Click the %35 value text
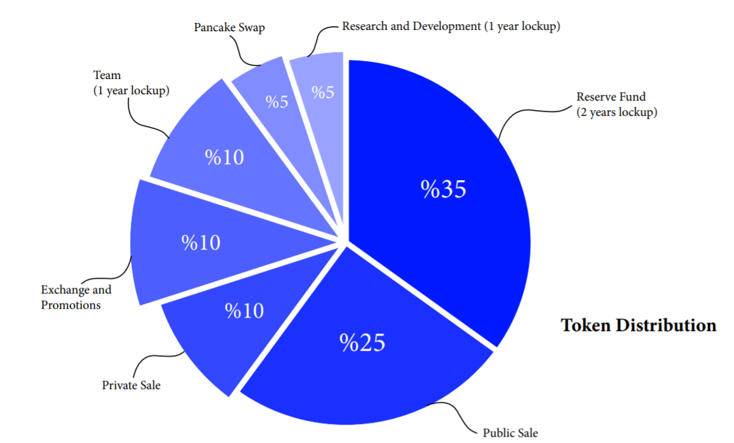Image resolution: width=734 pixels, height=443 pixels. click(x=444, y=189)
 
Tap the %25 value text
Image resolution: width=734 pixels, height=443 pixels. click(x=362, y=343)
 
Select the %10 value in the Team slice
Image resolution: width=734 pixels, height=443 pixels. click(x=224, y=157)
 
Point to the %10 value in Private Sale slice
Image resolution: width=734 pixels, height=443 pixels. click(x=244, y=311)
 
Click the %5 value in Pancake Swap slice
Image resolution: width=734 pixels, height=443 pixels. click(x=277, y=102)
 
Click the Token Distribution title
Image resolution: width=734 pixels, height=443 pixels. click(x=638, y=325)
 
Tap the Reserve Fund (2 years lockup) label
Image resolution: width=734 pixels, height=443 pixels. click(x=616, y=105)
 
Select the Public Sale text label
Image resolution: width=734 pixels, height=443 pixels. click(x=510, y=433)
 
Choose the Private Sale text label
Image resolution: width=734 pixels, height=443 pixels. click(x=132, y=385)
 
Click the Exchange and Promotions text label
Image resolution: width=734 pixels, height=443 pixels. click(x=76, y=297)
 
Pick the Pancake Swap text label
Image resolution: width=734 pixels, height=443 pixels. click(x=229, y=28)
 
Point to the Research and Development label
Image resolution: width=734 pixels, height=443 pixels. click(x=451, y=27)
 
